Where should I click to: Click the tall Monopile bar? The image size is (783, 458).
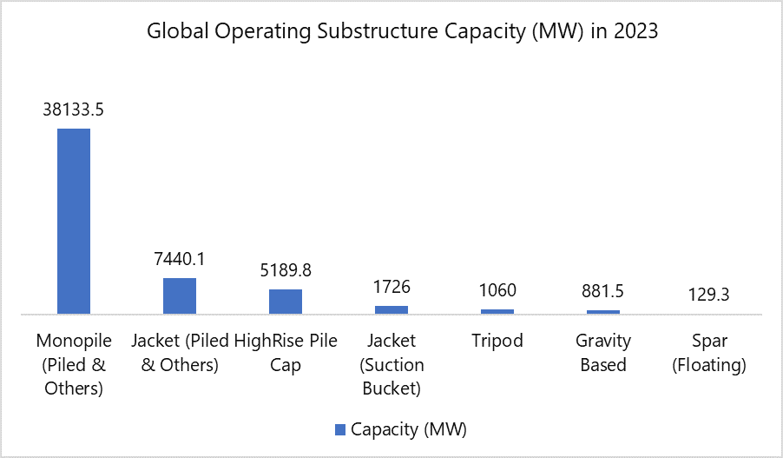[74, 221]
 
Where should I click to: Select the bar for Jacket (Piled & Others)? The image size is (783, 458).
[180, 295]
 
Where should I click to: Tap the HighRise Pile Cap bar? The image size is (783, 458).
[286, 301]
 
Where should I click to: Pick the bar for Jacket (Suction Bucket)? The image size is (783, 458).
[391, 309]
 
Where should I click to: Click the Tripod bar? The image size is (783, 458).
[497, 311]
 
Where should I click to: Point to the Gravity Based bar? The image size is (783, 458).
[603, 311]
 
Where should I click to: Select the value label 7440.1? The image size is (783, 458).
[180, 259]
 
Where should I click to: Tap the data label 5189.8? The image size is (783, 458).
[286, 270]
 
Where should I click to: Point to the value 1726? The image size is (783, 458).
[391, 287]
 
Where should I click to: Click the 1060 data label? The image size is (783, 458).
[497, 290]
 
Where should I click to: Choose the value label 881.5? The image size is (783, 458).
[603, 291]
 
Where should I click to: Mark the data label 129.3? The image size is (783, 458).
[709, 295]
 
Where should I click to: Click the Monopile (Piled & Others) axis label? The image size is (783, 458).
[74, 364]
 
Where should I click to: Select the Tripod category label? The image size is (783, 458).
[497, 341]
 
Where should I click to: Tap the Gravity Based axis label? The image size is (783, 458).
[603, 352]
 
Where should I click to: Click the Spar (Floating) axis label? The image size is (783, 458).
[709, 352]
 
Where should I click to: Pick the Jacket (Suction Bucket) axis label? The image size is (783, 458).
[391, 364]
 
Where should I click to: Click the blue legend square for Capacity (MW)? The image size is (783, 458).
[339, 429]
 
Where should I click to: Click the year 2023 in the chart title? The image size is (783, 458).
[635, 32]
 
